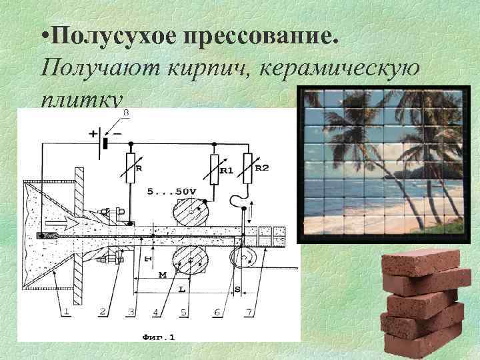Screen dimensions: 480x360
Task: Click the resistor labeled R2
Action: (249, 167)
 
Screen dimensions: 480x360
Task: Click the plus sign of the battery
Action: (91, 134)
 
